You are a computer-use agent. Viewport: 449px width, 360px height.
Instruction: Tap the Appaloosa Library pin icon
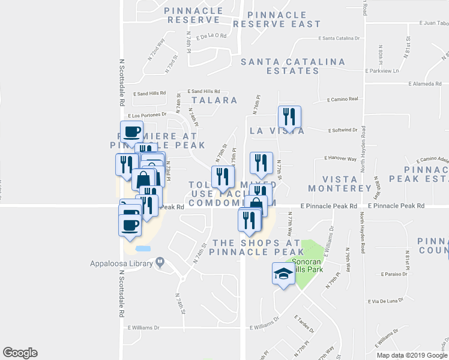click(x=160, y=262)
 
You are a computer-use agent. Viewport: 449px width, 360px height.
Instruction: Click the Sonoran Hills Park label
click(x=307, y=266)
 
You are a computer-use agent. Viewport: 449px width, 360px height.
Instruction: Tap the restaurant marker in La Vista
click(x=289, y=118)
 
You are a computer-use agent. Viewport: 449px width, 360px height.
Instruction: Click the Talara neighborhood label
click(x=214, y=100)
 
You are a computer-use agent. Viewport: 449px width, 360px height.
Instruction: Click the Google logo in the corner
click(x=20, y=353)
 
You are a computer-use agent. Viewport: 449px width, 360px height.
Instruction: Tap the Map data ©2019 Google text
click(x=412, y=355)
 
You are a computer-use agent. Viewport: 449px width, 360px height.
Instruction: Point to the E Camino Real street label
click(x=343, y=99)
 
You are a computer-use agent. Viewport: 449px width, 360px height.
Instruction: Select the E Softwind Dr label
click(x=344, y=130)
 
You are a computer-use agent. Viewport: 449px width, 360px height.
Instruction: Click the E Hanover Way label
click(x=340, y=159)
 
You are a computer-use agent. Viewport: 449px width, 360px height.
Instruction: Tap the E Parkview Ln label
click(x=382, y=71)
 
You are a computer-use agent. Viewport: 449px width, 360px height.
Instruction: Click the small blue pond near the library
click(x=143, y=248)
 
